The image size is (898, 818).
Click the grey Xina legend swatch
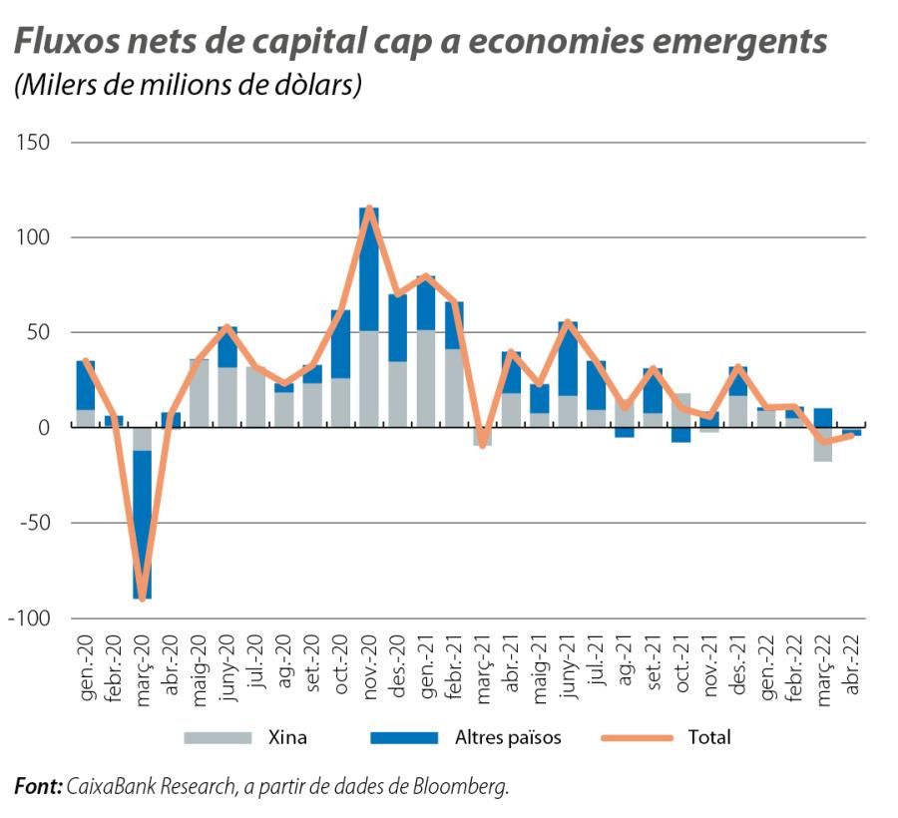(x=217, y=738)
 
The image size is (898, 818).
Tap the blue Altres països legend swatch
(x=404, y=738)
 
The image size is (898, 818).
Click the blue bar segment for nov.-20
(x=369, y=269)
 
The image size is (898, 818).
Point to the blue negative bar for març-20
(x=143, y=524)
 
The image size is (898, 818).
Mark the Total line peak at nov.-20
(x=369, y=207)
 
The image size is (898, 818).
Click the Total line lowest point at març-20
(x=143, y=599)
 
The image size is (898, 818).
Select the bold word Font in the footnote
(x=36, y=787)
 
